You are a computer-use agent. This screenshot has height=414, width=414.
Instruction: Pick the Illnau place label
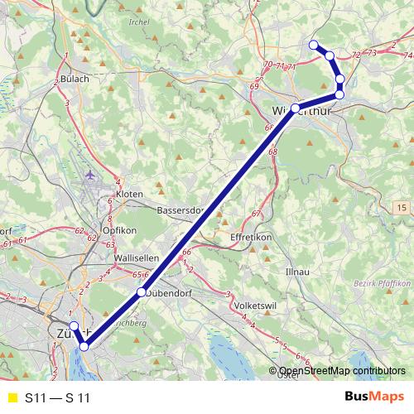coord(298,271)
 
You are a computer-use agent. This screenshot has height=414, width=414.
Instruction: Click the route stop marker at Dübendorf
coord(142,292)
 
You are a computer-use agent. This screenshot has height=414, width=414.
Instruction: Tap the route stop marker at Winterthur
coord(295,108)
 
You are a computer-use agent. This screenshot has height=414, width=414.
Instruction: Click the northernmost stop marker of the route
coord(313,45)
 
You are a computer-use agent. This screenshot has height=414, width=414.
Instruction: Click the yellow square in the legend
coord(11,398)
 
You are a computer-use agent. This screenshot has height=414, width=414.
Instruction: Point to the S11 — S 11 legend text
coord(57,398)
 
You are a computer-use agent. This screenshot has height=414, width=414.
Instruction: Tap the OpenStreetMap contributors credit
coord(342,372)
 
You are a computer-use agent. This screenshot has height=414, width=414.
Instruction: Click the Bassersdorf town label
coord(179,210)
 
